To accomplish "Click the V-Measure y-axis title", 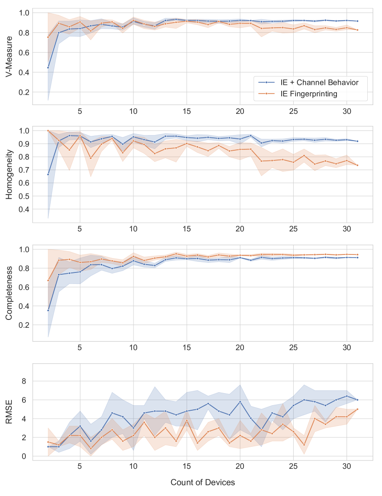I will tap(10, 57).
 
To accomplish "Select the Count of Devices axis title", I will tap(203, 482).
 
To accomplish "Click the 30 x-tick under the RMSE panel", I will tap(347, 466).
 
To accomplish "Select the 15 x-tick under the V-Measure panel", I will tap(186, 112).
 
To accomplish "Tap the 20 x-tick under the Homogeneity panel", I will tap(240, 229).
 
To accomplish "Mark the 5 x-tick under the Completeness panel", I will tap(80, 347).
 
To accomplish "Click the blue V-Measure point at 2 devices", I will tap(48, 68).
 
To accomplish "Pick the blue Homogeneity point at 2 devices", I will tap(48, 174).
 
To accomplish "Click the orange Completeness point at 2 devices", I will tap(48, 280).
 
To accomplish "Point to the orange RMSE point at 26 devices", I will tap(304, 445).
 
